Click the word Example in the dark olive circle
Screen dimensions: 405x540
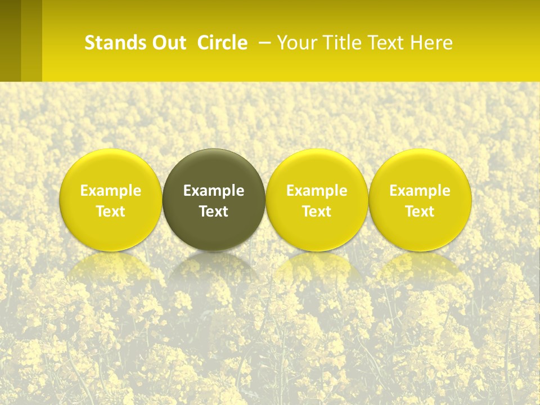[214, 191]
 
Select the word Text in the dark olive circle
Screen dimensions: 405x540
[214, 211]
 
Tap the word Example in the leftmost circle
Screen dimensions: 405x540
[111, 191]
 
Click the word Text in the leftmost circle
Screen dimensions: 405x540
[111, 211]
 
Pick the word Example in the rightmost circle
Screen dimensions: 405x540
[420, 191]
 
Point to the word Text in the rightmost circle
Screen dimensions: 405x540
[420, 211]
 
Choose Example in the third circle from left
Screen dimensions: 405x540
[317, 191]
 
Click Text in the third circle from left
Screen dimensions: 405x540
[317, 211]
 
